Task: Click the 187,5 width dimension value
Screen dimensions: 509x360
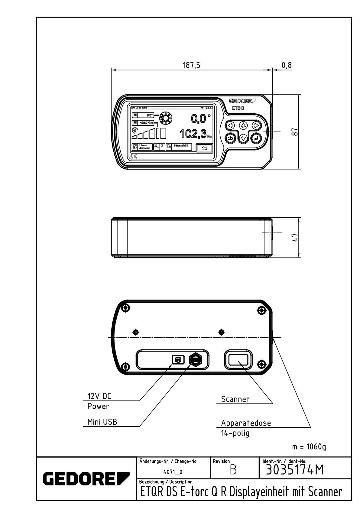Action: click(x=192, y=65)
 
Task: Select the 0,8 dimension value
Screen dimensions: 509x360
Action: click(x=287, y=65)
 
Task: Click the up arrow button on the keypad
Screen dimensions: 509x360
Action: click(x=243, y=125)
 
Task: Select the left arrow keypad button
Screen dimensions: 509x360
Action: click(x=231, y=125)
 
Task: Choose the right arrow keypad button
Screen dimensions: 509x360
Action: click(x=256, y=125)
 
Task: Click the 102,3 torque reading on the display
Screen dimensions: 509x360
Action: click(x=193, y=133)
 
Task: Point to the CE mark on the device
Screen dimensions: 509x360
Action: click(x=134, y=156)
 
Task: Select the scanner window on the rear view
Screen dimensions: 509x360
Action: click(x=238, y=360)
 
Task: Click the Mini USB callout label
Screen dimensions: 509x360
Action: click(x=102, y=422)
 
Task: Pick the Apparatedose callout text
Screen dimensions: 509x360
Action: click(x=246, y=423)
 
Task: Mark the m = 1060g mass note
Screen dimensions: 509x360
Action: click(x=309, y=447)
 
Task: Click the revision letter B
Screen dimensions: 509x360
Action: click(x=233, y=470)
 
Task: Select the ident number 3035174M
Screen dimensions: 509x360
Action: click(x=294, y=470)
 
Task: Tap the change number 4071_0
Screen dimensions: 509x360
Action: click(x=173, y=472)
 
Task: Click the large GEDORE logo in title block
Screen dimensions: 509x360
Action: click(x=86, y=478)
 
